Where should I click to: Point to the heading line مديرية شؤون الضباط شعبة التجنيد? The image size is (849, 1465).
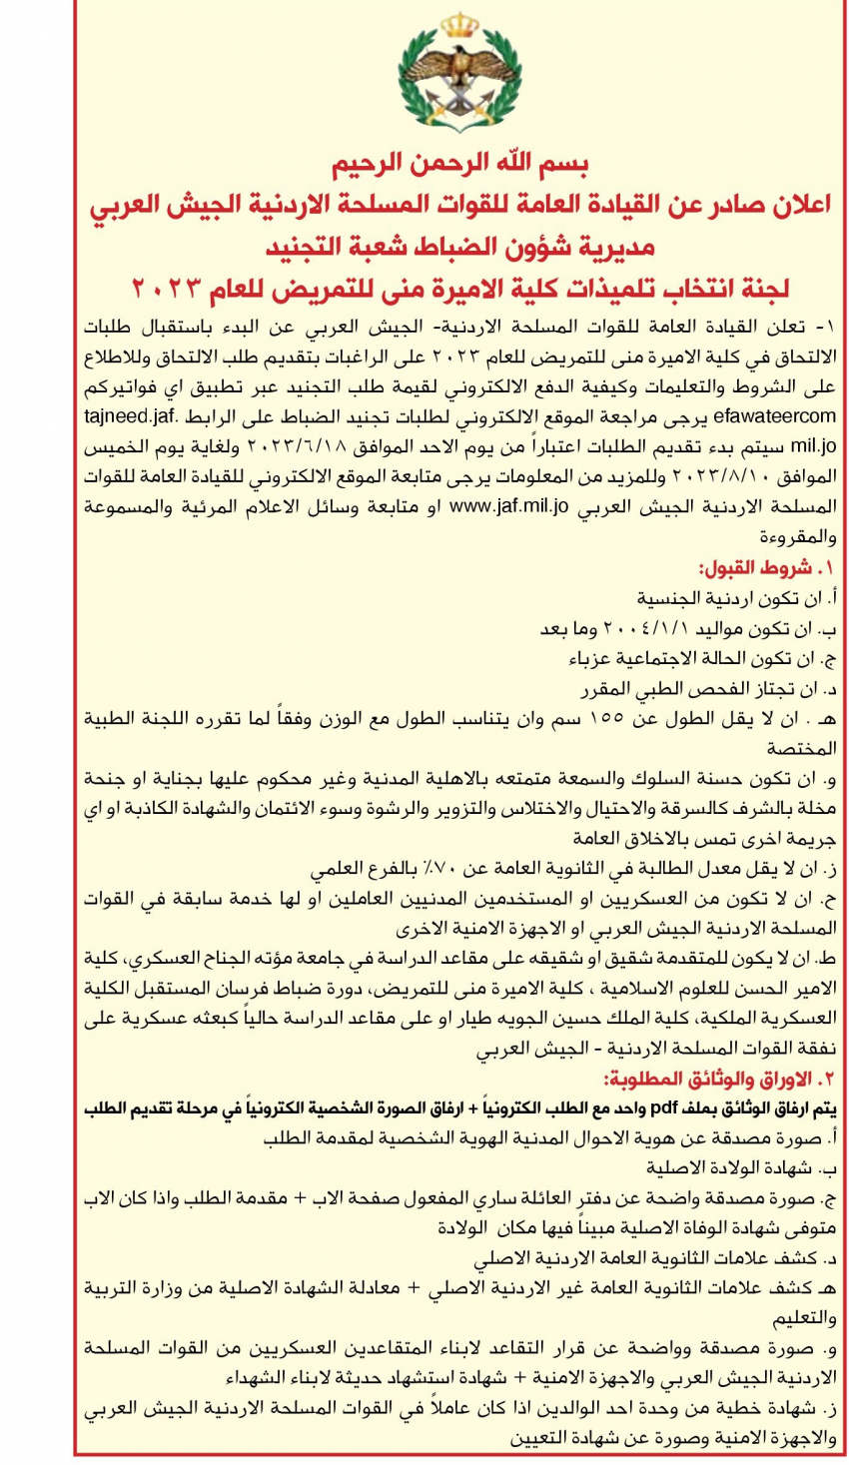tap(459, 247)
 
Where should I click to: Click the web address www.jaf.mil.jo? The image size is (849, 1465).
tap(509, 506)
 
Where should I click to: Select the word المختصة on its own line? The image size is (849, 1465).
tap(801, 748)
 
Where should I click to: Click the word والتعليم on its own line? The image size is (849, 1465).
tap(802, 1318)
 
